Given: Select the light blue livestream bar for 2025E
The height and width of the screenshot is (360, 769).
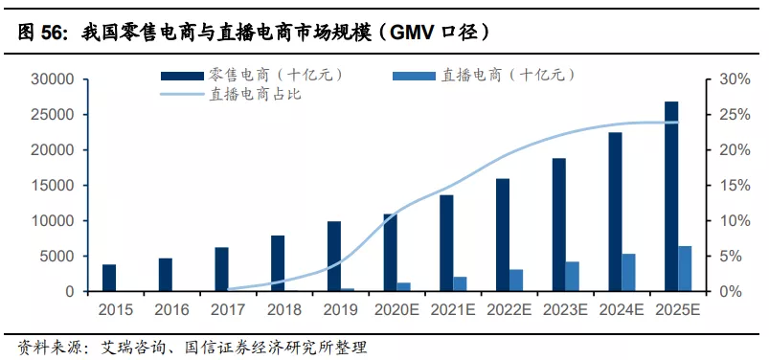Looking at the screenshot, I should (x=685, y=269).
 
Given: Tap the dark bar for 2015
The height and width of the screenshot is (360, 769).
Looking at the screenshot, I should (x=109, y=278).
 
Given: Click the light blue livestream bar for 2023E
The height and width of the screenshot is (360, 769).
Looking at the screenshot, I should (x=573, y=276).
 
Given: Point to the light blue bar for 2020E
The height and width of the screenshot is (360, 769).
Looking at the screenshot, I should (x=404, y=286).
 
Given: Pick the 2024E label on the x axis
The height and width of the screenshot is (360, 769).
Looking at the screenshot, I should (x=621, y=309).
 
